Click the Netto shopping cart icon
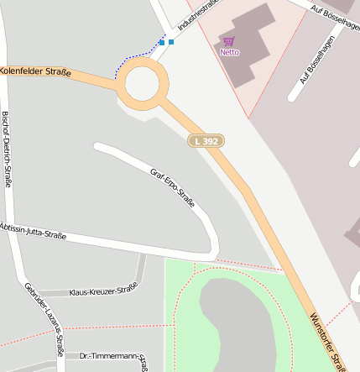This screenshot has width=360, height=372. click(229, 40)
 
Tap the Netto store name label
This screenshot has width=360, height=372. click(229, 52)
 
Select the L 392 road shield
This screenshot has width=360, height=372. click(206, 141)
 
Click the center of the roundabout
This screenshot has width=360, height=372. click(142, 83)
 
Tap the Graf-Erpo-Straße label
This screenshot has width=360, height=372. click(173, 188)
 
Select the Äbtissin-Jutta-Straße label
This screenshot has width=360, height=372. click(34, 231)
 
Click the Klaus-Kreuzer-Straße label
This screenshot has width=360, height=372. click(103, 290)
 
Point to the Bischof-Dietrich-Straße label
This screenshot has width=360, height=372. click(7, 149)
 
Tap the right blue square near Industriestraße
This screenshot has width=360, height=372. click(171, 41)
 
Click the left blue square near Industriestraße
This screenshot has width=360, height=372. click(162, 41)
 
